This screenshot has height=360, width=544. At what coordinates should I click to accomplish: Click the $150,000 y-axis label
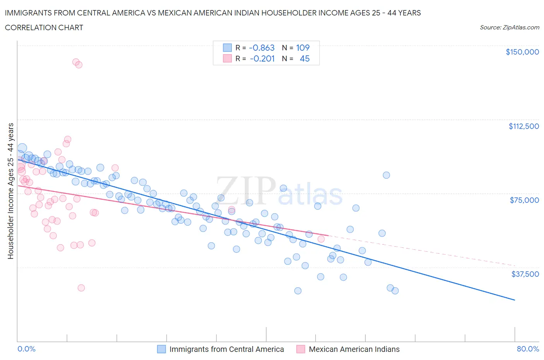pos(522,52)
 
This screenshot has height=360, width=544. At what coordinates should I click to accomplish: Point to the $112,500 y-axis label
pos(523,126)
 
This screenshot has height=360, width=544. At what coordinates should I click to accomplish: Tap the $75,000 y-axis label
pos(524,200)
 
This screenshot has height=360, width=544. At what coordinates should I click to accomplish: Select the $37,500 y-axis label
pos(525,274)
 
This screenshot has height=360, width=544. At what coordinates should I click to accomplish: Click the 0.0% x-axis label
pos(26,349)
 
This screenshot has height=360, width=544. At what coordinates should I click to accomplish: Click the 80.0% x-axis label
pos(528,349)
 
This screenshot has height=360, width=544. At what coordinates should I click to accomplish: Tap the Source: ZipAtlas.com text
pos(509,27)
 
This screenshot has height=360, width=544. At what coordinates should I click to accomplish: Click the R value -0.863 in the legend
pos(262,48)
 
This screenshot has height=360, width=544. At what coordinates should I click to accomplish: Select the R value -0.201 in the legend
pos(262,58)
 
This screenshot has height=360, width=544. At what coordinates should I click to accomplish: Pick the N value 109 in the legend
pos(303,48)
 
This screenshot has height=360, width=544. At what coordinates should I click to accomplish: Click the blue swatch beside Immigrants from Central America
pos(161,349)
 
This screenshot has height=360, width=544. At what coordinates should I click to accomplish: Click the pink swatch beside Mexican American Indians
pos(301,349)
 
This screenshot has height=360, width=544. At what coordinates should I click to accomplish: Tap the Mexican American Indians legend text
pos(354,349)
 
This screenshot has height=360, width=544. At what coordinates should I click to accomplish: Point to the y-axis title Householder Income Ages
pos(10,190)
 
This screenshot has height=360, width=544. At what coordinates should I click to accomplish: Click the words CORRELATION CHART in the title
pos(44,27)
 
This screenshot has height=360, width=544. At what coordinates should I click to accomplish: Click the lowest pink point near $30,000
pos(81,288)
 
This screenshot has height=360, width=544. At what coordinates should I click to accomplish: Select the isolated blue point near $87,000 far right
pos(386,175)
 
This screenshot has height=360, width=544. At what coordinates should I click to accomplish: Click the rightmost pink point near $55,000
pos(321,239)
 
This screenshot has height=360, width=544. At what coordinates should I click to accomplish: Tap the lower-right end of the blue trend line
pos(514,300)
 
